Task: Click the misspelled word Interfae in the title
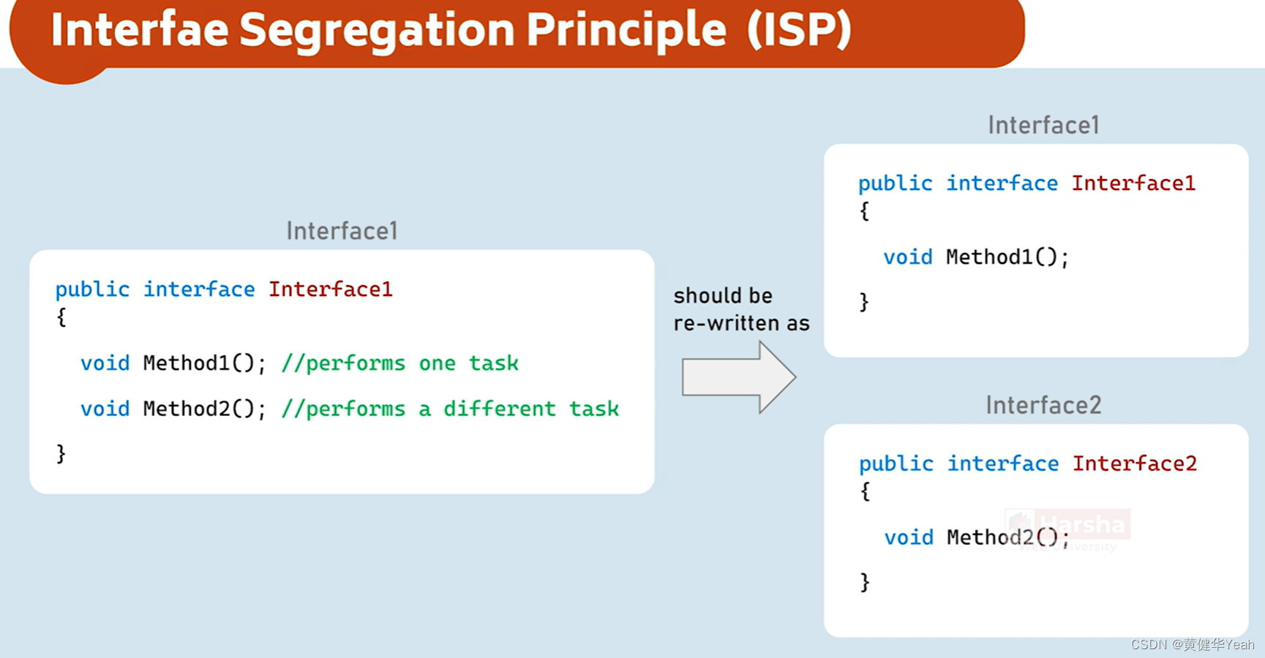(139, 31)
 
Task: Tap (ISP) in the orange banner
(800, 31)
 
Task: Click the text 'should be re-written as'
(740, 309)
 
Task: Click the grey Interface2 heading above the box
(1043, 405)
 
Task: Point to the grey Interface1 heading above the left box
(342, 231)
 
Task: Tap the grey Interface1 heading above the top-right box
(1043, 125)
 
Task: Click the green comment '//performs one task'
(399, 363)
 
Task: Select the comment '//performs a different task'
(450, 409)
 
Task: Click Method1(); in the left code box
(204, 363)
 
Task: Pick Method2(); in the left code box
(204, 409)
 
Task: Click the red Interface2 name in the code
(1134, 464)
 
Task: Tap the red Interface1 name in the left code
(330, 290)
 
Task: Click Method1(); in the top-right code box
(1007, 257)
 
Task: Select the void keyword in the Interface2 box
(908, 538)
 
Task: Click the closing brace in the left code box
(61, 454)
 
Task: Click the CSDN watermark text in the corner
(1192, 644)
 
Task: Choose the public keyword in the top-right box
(895, 184)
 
